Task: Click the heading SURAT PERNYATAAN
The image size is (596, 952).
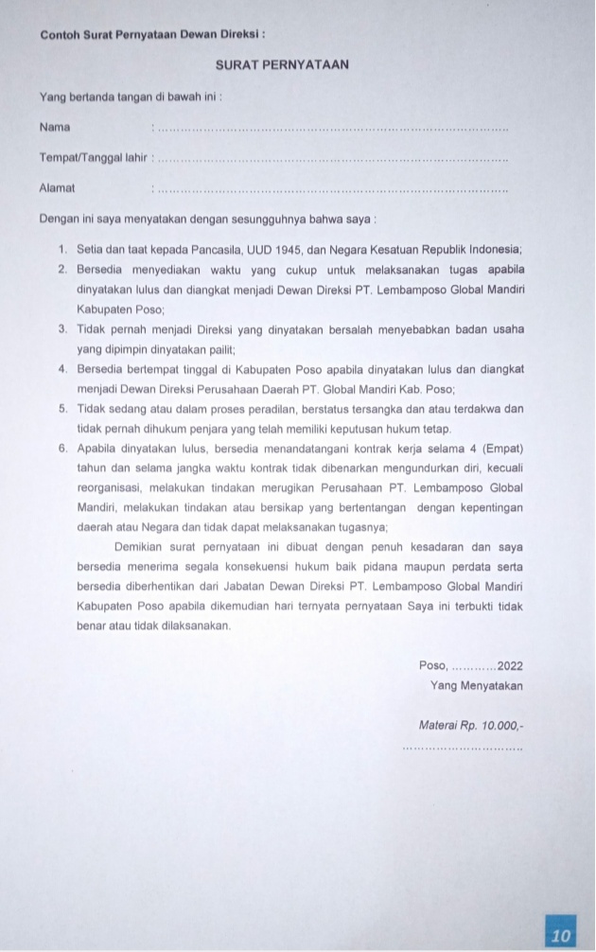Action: tap(283, 65)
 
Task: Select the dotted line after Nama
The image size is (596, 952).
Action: tap(331, 129)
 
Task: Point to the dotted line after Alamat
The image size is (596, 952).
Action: tap(331, 190)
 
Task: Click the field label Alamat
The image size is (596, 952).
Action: tap(57, 188)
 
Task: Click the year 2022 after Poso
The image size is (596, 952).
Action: tap(510, 665)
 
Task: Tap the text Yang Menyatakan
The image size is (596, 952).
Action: tap(477, 685)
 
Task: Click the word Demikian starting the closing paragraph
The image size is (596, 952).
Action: tap(140, 547)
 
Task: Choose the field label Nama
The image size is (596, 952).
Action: tap(55, 127)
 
